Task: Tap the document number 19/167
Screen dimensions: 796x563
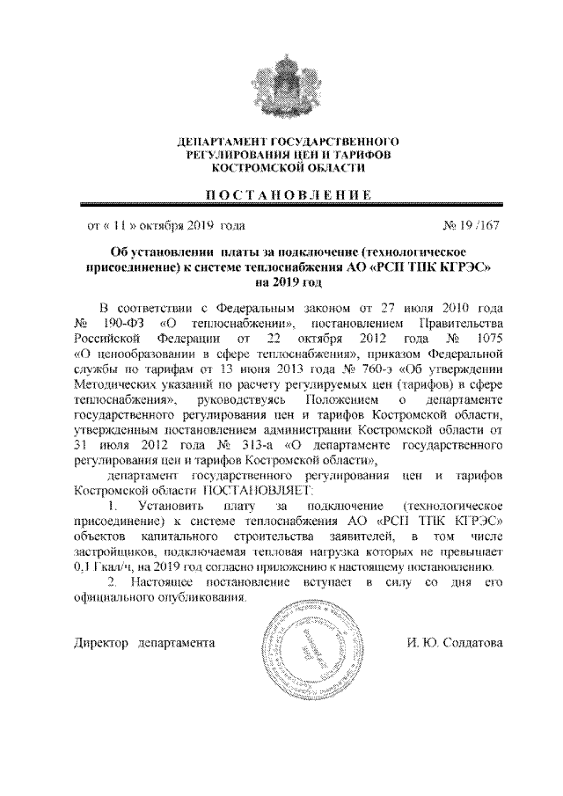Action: coord(472,226)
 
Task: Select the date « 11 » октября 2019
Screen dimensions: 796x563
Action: coord(165,226)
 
